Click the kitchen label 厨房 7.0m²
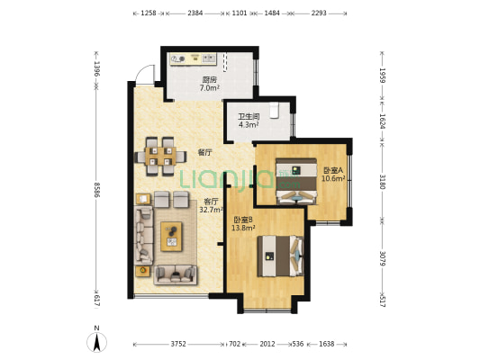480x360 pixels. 209,84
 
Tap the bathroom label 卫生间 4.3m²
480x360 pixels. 249,121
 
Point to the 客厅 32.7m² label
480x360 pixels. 211,205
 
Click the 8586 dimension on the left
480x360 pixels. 96,192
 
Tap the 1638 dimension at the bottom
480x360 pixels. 326,343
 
